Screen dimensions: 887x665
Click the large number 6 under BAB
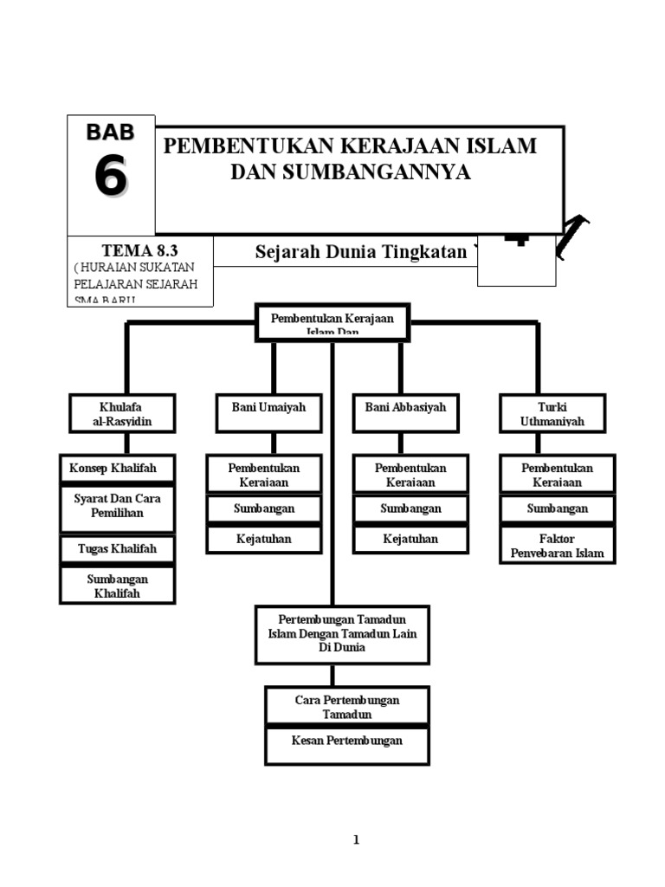click(x=110, y=178)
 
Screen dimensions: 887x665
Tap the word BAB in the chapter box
click(x=110, y=133)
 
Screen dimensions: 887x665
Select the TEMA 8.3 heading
click(x=139, y=251)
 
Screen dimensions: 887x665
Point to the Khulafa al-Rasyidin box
click(x=122, y=414)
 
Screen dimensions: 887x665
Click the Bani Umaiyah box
click(x=268, y=407)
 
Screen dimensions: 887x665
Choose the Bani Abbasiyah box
click(x=405, y=407)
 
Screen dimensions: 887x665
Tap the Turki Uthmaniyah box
click(x=552, y=414)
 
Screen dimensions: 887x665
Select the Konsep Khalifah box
click(x=117, y=469)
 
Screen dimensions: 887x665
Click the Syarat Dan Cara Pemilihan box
click(x=117, y=507)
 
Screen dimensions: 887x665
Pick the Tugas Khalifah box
click(x=117, y=549)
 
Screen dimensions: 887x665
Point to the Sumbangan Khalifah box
click(x=117, y=586)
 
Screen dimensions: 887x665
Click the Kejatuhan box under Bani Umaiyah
click(x=264, y=540)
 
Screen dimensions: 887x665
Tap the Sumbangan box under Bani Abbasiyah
click(x=410, y=508)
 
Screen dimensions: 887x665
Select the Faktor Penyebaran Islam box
click(x=557, y=546)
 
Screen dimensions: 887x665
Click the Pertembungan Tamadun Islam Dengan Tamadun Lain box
click(x=342, y=634)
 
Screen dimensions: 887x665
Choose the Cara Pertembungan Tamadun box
click(x=346, y=707)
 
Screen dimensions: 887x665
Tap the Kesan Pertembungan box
click(x=346, y=742)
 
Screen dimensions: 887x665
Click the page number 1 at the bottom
click(x=355, y=839)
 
